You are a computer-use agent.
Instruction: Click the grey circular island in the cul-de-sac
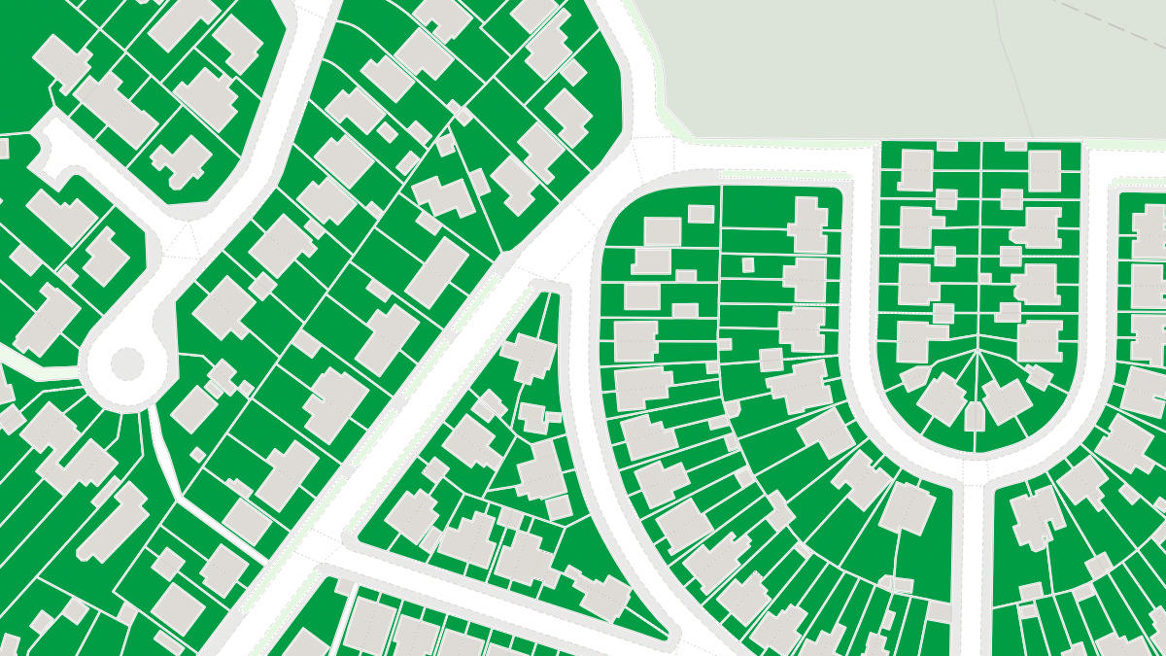point(127,363)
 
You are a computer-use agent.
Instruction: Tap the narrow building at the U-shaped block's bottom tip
point(975,416)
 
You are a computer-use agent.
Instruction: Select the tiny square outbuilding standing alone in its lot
point(748,264)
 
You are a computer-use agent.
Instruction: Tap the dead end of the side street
point(49,146)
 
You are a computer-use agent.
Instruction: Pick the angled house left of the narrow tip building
point(941,398)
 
